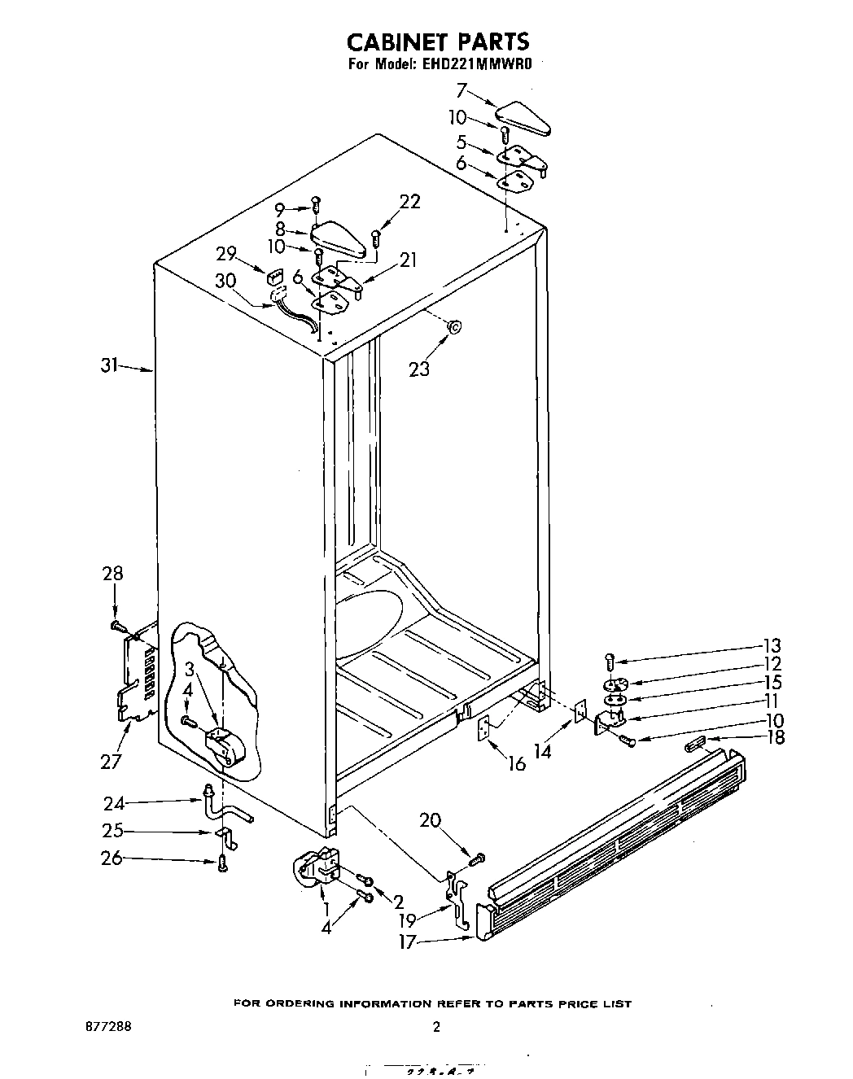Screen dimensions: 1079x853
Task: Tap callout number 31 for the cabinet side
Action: click(x=110, y=366)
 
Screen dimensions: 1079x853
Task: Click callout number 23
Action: click(x=419, y=369)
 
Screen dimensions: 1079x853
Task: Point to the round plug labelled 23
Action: click(x=454, y=327)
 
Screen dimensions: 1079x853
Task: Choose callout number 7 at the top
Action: click(x=461, y=90)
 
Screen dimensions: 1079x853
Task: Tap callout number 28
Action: click(x=112, y=573)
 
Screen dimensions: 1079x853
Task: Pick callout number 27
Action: click(x=111, y=761)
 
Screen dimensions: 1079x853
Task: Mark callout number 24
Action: click(x=113, y=804)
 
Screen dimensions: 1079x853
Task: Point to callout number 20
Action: click(x=430, y=819)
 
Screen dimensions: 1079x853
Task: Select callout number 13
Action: click(x=772, y=645)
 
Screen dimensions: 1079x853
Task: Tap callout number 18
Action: click(x=776, y=738)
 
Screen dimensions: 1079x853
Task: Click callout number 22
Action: click(x=409, y=201)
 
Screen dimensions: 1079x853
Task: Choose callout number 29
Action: click(x=227, y=253)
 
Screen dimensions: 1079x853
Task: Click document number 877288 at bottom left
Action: click(x=103, y=1027)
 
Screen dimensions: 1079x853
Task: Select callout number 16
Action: click(x=517, y=765)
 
